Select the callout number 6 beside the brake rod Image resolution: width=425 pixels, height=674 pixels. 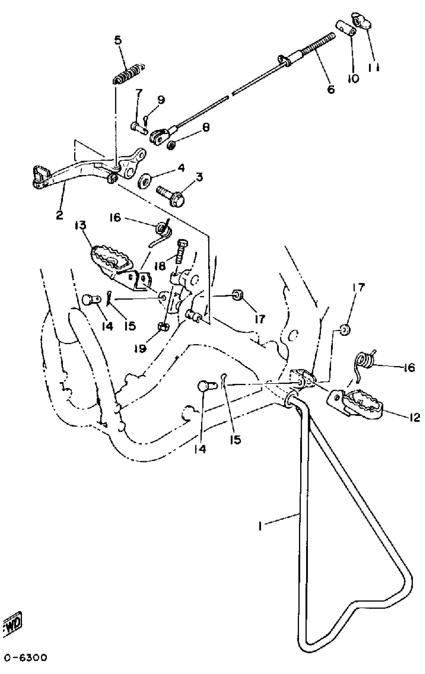[331, 89]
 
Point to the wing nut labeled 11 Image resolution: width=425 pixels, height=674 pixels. [362, 23]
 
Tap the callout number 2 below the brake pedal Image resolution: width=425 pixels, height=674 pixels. [59, 215]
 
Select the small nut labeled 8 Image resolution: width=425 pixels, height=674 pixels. [171, 145]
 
